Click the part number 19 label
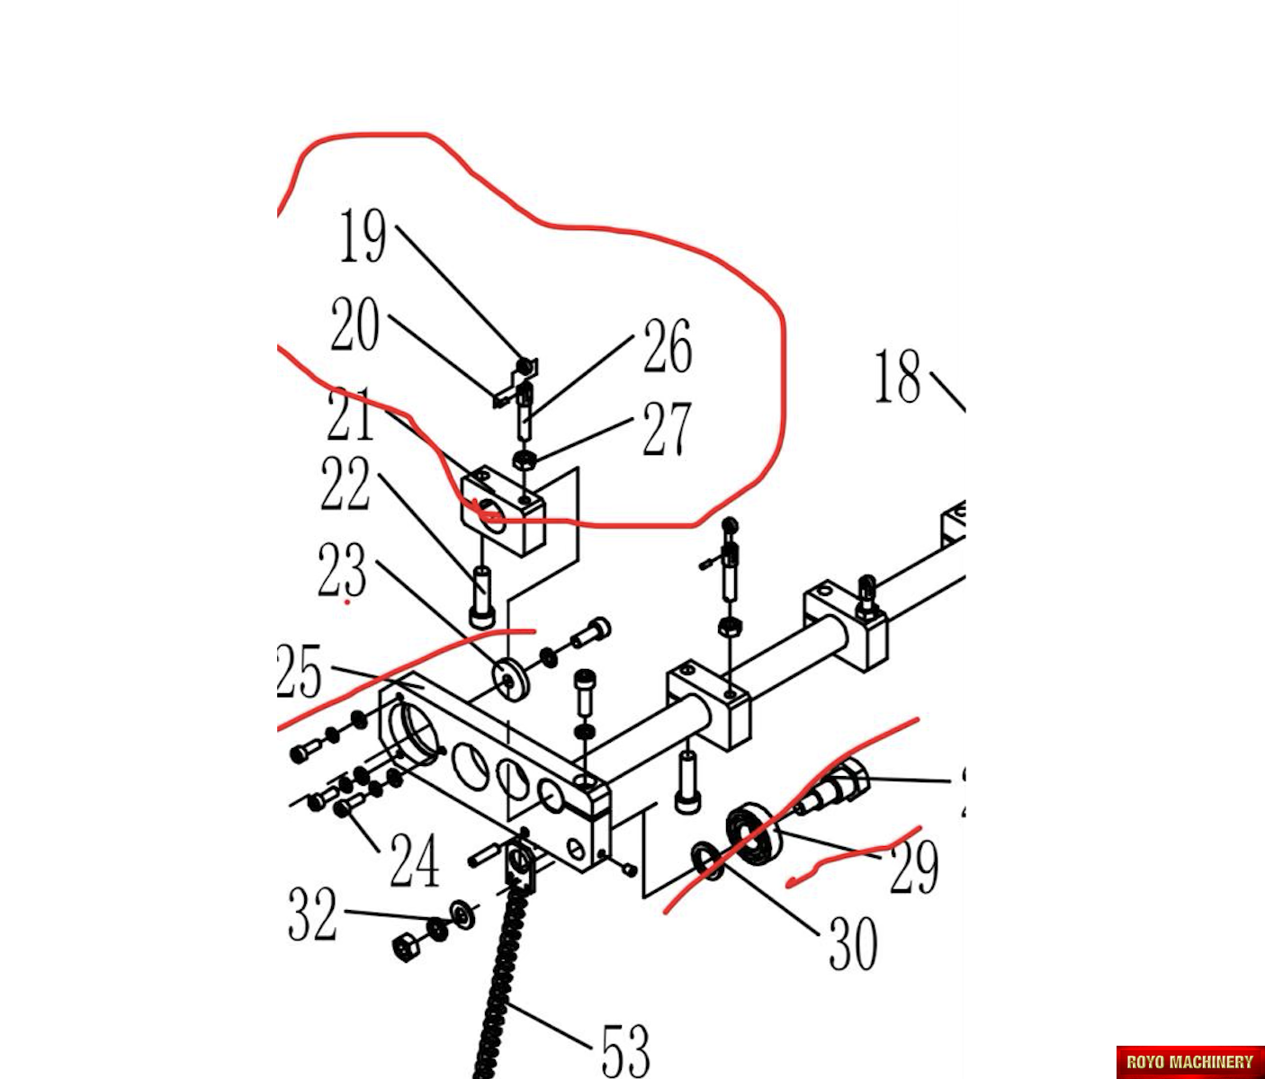click(x=363, y=236)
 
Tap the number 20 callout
click(x=354, y=325)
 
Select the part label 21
click(x=349, y=415)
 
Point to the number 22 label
click(x=345, y=484)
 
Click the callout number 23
click(x=342, y=570)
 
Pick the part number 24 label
click(x=414, y=861)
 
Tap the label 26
click(x=667, y=346)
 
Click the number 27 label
click(x=667, y=430)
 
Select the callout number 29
click(x=913, y=867)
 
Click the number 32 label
click(x=312, y=914)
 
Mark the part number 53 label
click(x=625, y=1049)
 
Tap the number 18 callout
click(x=898, y=377)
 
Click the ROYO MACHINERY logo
click(x=1189, y=1062)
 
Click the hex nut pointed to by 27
click(x=525, y=460)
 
